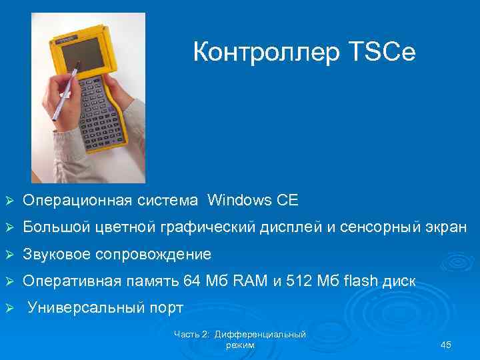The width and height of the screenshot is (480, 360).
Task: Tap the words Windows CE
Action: (x=253, y=200)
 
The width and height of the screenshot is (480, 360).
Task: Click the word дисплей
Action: (x=290, y=227)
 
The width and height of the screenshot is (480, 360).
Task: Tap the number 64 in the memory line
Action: (x=191, y=281)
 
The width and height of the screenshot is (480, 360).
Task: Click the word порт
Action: (x=164, y=309)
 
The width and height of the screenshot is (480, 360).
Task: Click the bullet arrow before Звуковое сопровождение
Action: (x=9, y=254)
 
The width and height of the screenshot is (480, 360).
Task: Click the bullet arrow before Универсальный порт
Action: (x=9, y=309)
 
